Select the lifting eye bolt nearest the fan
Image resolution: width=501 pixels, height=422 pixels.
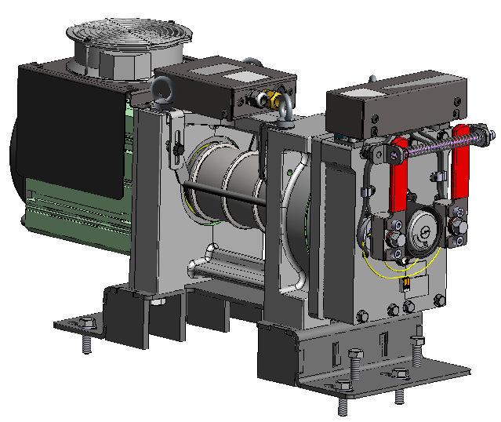[163, 92]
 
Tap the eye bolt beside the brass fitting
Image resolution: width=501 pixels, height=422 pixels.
[285, 109]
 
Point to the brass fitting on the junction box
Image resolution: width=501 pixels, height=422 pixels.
[271, 100]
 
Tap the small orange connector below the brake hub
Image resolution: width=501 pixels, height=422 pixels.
[406, 281]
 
